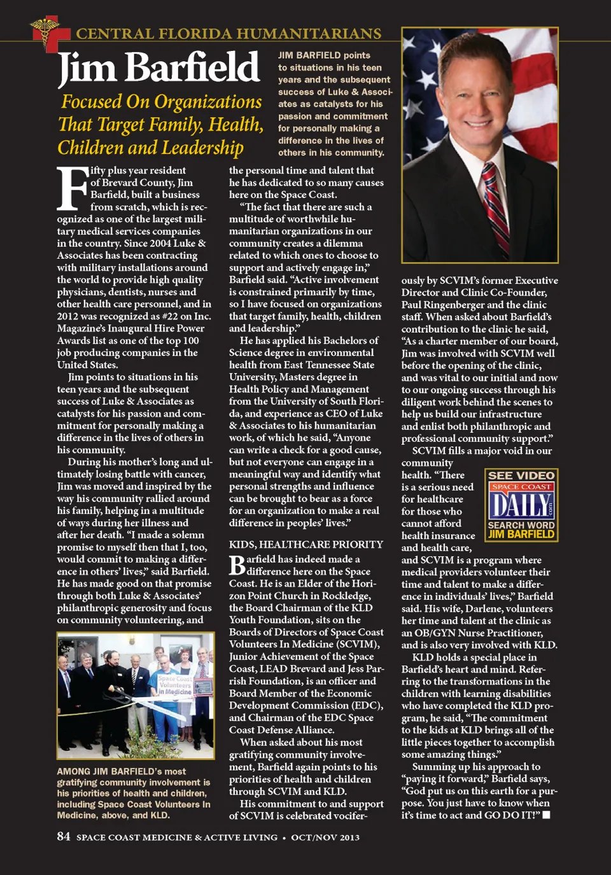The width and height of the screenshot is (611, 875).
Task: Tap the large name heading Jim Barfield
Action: pos(158,68)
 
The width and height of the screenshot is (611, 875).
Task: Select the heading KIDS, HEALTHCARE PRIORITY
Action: pos(306,544)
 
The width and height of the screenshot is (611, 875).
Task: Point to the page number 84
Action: pos(64,836)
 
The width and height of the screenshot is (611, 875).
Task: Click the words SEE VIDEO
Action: pos(521,475)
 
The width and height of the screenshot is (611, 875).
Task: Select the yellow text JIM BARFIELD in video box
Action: pos(521,535)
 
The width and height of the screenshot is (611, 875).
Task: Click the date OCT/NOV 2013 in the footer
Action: pos(325,837)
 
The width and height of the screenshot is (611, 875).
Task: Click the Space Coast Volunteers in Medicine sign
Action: pos(175,685)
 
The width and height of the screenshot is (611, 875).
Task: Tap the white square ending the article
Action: pos(546,815)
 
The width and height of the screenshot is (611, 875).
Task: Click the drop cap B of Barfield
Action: pos(237,564)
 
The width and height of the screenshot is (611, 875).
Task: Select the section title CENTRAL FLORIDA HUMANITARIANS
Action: pos(228,34)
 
